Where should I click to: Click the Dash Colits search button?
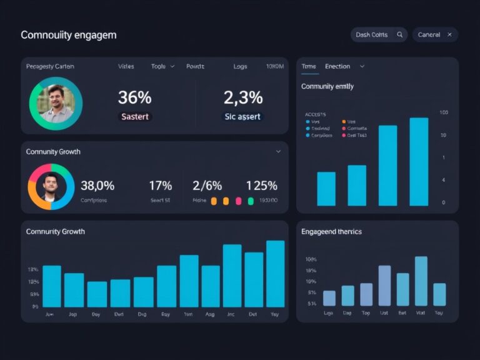click(x=379, y=35)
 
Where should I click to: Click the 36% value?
click(x=135, y=97)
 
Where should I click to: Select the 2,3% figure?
click(x=244, y=97)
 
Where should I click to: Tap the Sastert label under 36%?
click(x=135, y=116)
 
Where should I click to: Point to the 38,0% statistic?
click(x=97, y=185)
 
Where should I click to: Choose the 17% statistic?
click(x=160, y=185)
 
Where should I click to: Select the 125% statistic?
click(x=262, y=185)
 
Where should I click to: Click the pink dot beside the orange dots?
click(x=238, y=201)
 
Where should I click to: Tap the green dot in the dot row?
click(x=251, y=201)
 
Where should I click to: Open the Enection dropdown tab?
click(x=344, y=66)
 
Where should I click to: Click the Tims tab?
click(x=309, y=66)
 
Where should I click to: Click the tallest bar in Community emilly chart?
click(x=419, y=161)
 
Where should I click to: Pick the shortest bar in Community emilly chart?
click(x=326, y=189)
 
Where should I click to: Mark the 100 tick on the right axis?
click(x=444, y=112)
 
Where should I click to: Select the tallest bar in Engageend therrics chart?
click(x=421, y=281)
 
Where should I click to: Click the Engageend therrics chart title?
click(x=331, y=232)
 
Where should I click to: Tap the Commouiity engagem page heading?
click(x=69, y=35)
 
